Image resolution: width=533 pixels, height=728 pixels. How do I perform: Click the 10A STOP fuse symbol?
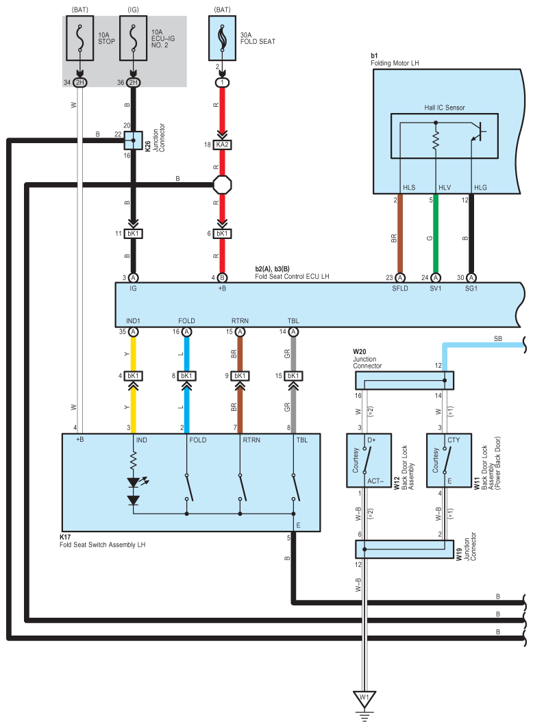point(80,38)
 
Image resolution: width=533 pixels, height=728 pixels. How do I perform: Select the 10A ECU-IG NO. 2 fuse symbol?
point(133,38)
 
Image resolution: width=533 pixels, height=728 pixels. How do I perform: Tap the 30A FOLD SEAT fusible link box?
point(222,38)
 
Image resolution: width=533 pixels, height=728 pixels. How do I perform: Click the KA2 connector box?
point(222,145)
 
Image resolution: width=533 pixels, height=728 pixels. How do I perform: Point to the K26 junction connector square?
point(133,140)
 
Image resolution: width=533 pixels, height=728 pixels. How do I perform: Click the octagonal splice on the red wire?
point(222,185)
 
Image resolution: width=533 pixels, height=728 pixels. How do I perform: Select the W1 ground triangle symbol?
point(364,699)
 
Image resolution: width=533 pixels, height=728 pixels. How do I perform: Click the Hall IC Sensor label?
point(445,108)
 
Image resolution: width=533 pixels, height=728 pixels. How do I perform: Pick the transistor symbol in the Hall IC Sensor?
point(478,132)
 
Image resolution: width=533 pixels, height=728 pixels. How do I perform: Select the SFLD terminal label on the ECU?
point(400,288)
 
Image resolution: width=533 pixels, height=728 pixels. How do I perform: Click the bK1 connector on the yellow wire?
point(133,375)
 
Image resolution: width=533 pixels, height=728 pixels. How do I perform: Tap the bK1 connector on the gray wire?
point(293,375)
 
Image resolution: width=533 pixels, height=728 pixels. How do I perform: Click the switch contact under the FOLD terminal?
point(188,488)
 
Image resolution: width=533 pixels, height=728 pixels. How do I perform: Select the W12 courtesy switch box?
point(369,461)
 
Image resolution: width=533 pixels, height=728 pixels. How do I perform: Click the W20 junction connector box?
point(404,380)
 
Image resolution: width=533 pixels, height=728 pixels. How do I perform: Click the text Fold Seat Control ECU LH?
point(292,276)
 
